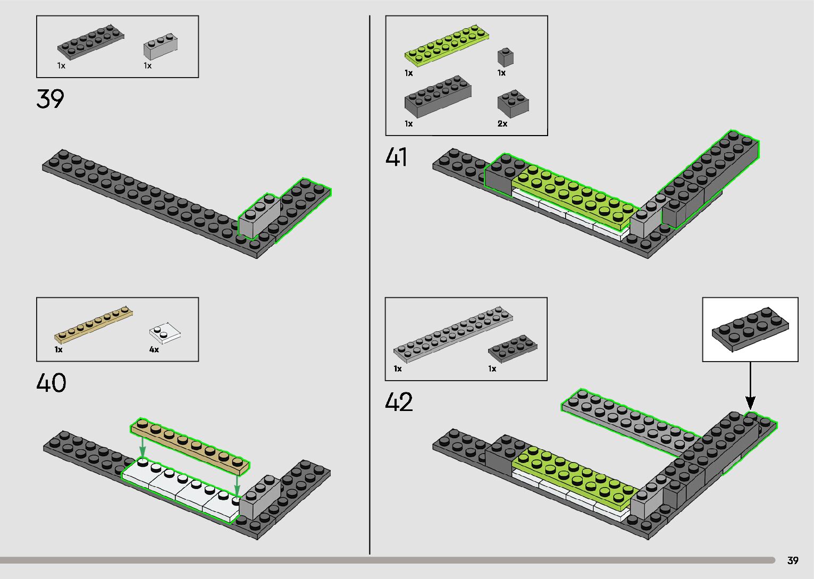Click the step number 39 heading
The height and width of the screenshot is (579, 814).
pyautogui.click(x=50, y=99)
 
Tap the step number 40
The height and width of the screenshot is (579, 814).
pyautogui.click(x=51, y=383)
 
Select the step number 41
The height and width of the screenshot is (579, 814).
pyautogui.click(x=397, y=157)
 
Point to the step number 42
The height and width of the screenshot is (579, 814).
pyautogui.click(x=399, y=402)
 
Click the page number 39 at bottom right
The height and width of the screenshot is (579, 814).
pyautogui.click(x=793, y=560)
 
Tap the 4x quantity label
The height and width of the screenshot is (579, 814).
pyautogui.click(x=154, y=350)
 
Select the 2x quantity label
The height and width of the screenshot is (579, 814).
pyautogui.click(x=502, y=124)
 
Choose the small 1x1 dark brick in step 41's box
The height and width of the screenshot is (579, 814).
pyautogui.click(x=506, y=57)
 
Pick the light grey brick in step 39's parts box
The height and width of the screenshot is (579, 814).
pyautogui.click(x=160, y=47)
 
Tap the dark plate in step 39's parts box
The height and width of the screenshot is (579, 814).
pyautogui.click(x=90, y=42)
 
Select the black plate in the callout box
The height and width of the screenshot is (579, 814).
pyautogui.click(x=750, y=329)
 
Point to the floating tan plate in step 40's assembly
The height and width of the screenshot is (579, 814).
pyautogui.click(x=190, y=446)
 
